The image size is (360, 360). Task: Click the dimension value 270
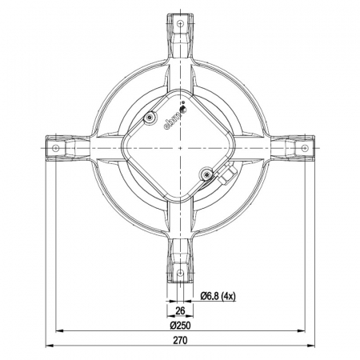pos(179,339)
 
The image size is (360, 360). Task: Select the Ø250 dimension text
pos(179,326)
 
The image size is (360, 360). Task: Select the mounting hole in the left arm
pos(56,148)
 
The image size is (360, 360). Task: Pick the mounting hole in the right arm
pos(305,148)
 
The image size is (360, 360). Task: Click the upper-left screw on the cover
pos(150,118)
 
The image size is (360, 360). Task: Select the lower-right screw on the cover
pos(207,174)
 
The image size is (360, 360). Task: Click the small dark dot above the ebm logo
pos(183,104)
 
